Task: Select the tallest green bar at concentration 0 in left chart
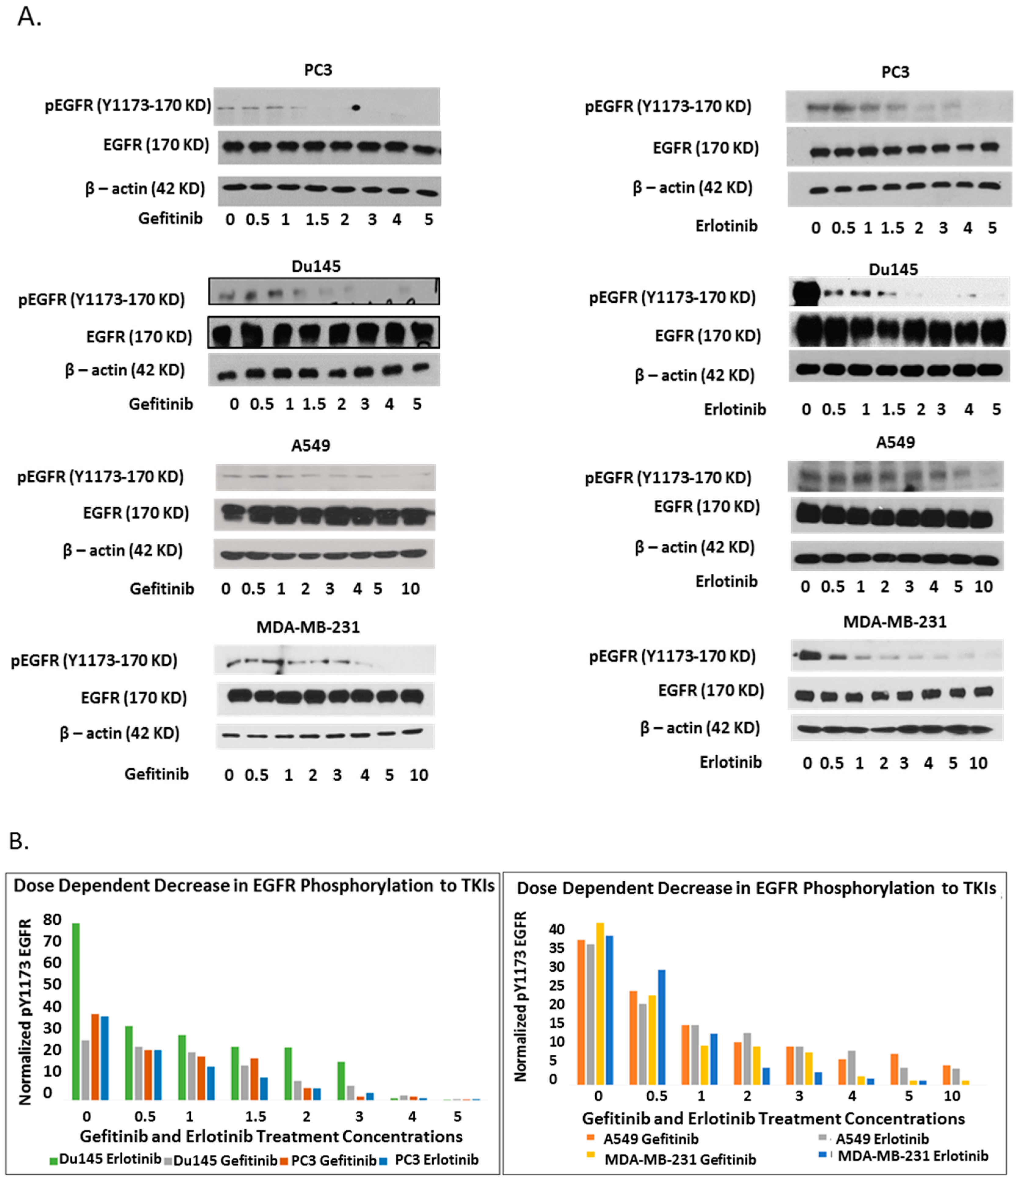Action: click(76, 1011)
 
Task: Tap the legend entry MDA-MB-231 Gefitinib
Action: click(680, 1159)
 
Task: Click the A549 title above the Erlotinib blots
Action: click(895, 442)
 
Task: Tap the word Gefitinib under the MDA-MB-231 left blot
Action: click(157, 774)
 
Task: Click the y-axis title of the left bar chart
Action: click(25, 1012)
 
